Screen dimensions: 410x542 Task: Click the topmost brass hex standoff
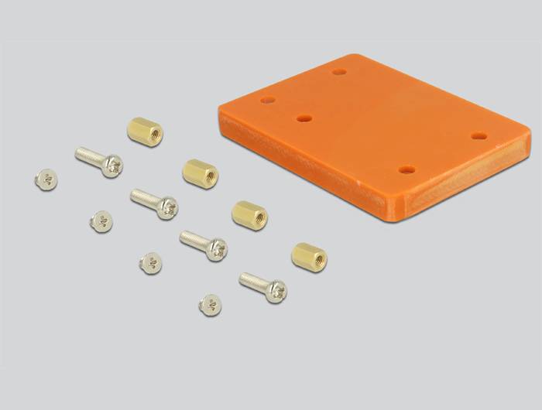[145, 132]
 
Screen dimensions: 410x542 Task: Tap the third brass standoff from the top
[249, 214]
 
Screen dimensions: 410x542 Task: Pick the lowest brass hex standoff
[309, 256]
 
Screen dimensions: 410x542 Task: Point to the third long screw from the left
[204, 244]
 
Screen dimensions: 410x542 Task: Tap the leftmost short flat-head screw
[46, 179]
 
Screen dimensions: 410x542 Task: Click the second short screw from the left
[100, 221]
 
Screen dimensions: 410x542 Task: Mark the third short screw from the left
[151, 262]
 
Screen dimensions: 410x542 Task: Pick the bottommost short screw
[210, 304]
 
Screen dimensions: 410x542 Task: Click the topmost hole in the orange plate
[338, 73]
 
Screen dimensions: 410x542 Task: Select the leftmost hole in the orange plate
[269, 101]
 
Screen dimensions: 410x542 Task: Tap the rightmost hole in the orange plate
[479, 136]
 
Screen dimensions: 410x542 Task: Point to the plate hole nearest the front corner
[406, 169]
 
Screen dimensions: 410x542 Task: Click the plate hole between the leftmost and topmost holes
[304, 119]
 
